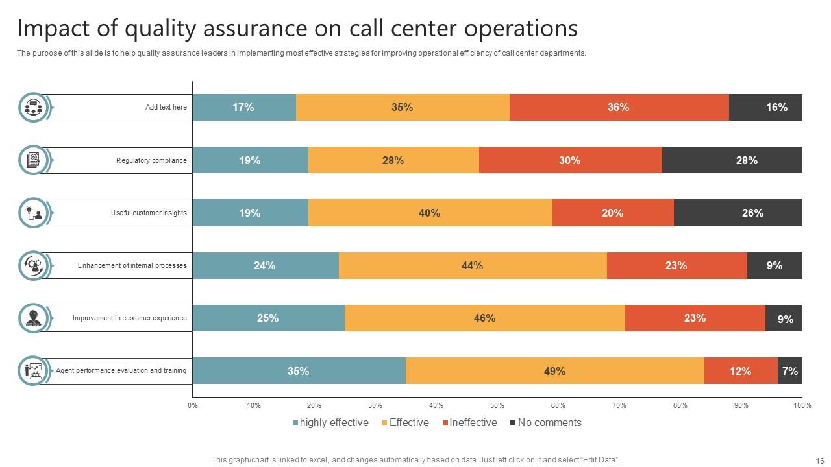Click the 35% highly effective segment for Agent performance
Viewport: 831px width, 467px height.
coord(299,371)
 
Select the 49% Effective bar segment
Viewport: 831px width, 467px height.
coord(554,371)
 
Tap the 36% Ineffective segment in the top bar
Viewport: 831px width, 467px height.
coord(618,108)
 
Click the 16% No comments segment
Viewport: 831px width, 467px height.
coord(766,108)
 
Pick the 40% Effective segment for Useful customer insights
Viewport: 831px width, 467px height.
coord(430,213)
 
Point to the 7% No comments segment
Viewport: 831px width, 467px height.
coord(790,371)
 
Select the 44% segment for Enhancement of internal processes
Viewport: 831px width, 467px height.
coord(473,265)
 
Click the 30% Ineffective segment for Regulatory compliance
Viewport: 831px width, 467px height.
coord(570,160)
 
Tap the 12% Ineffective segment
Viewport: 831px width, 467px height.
coord(740,371)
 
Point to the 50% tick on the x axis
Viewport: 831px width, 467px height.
coord(497,406)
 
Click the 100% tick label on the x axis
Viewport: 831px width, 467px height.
coord(802,406)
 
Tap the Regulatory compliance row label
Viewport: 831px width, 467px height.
coord(151,160)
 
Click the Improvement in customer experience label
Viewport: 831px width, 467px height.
coord(129,318)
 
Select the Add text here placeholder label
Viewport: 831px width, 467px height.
coord(166,108)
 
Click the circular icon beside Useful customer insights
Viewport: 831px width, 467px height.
coord(33,213)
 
